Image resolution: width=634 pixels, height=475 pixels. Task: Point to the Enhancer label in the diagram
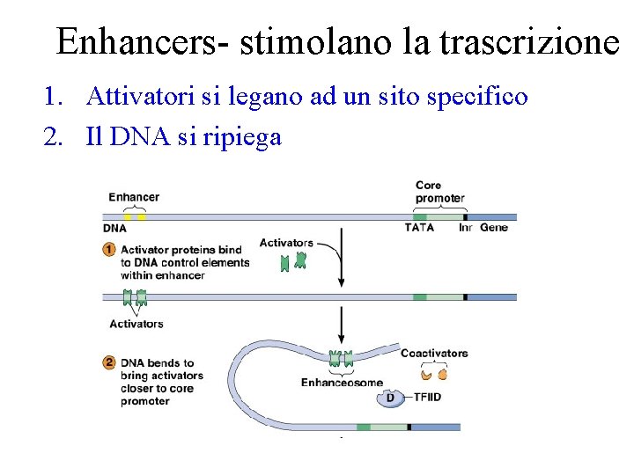134,197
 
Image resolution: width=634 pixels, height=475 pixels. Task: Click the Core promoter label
439,192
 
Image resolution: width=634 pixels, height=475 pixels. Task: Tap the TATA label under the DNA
419,228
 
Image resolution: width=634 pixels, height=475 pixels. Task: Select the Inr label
466,228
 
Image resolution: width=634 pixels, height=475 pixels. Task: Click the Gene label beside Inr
494,228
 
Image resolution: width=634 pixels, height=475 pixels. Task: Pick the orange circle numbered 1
109,249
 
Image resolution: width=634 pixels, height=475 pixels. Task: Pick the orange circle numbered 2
109,362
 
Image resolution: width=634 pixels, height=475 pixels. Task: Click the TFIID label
428,398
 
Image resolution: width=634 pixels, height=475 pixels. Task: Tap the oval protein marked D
390,398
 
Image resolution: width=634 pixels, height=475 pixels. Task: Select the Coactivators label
434,354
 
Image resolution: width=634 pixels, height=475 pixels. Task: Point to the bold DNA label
115,228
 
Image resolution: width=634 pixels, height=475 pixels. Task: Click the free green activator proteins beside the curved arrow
293,261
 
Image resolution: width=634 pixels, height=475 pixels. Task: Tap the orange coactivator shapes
434,374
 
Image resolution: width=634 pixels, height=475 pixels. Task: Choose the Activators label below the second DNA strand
136,324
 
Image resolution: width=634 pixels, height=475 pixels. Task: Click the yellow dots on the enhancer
134,216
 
